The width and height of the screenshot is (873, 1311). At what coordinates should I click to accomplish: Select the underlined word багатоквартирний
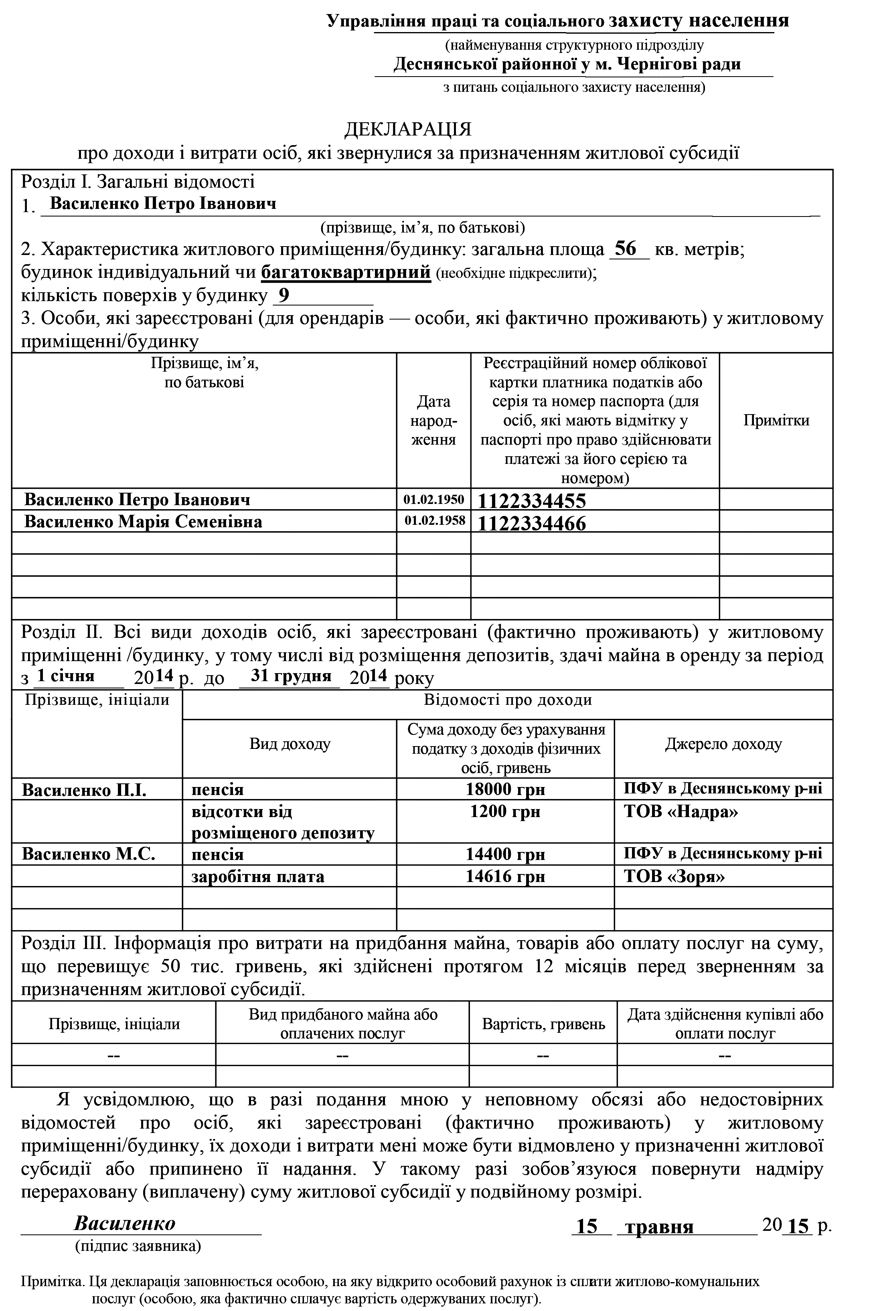[346, 272]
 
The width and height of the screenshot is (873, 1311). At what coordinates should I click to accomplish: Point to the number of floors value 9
[284, 295]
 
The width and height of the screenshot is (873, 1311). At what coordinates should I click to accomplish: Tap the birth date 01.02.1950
[434, 500]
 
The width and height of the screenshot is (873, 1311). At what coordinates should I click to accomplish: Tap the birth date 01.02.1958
[434, 522]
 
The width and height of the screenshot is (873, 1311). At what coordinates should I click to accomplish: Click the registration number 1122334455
[532, 501]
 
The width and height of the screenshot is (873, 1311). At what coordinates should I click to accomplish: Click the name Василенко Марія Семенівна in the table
[143, 522]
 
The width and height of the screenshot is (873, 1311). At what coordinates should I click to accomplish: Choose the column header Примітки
[776, 420]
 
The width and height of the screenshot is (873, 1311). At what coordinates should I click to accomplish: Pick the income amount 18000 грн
[505, 789]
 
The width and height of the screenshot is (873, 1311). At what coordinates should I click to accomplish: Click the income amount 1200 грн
[505, 811]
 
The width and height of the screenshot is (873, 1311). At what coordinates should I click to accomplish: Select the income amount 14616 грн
[505, 877]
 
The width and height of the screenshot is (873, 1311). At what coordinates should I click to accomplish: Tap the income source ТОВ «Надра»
[681, 811]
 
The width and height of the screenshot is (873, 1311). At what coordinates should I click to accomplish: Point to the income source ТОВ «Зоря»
[674, 877]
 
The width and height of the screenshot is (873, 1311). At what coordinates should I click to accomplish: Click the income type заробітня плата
[258, 877]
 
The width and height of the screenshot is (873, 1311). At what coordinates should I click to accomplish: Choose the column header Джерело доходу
[723, 744]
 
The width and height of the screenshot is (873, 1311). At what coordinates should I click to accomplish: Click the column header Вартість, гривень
[543, 1024]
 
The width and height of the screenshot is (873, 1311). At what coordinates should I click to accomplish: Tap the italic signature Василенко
[125, 1224]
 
